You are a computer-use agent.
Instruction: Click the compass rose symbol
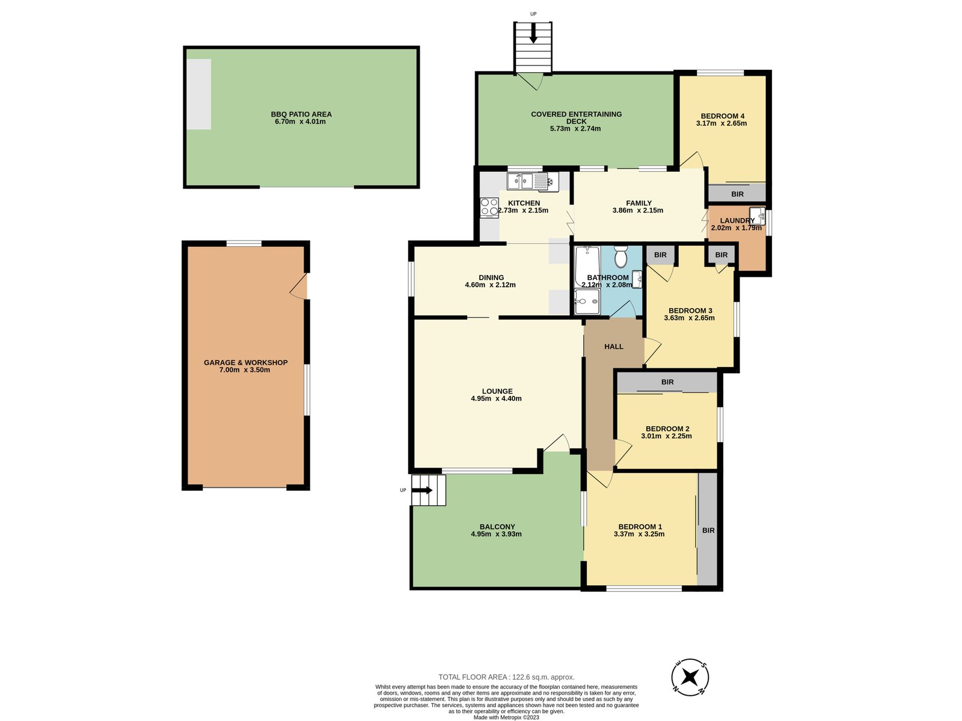(x=690, y=677)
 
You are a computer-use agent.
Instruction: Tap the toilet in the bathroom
(x=620, y=257)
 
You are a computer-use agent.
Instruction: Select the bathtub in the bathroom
(x=587, y=266)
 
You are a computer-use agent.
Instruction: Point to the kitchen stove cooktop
(x=489, y=207)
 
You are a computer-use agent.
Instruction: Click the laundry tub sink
(x=758, y=216)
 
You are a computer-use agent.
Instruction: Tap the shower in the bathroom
(x=587, y=301)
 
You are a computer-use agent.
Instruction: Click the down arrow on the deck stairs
(x=533, y=33)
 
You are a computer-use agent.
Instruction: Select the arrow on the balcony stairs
(x=423, y=490)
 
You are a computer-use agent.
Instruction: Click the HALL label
(x=614, y=347)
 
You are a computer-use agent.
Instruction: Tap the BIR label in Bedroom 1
(x=708, y=530)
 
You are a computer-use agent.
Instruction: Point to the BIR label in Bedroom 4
(x=737, y=194)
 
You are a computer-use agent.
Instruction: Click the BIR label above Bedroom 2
(x=667, y=382)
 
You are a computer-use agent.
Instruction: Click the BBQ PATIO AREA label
(x=301, y=114)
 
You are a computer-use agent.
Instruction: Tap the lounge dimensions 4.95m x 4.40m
(x=496, y=399)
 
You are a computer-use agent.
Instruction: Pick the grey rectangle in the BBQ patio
(x=199, y=94)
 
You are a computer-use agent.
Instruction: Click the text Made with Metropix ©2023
(x=506, y=717)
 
